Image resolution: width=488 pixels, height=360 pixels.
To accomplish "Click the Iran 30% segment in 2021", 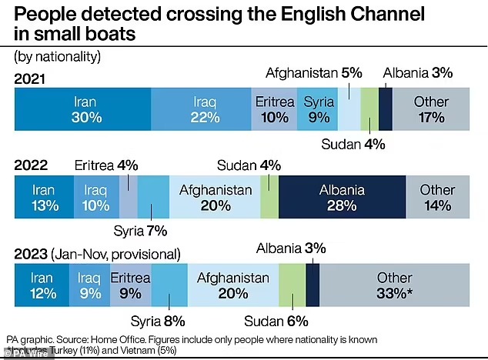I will tap(83, 109).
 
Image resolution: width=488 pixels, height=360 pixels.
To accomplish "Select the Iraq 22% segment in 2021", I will tap(201, 109).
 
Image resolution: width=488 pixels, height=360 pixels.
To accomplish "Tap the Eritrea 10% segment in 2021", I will tap(274, 109).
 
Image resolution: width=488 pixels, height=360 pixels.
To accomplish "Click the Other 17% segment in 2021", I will tap(432, 109).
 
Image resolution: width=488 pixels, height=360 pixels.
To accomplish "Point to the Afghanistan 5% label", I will tap(313, 74).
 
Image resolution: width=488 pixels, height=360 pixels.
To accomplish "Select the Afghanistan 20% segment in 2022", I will tap(215, 197).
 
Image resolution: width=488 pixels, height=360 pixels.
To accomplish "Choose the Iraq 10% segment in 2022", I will tap(96, 197).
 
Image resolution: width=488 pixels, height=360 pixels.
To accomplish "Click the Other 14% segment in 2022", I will tap(438, 197).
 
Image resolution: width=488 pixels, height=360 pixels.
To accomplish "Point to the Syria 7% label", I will tap(140, 231).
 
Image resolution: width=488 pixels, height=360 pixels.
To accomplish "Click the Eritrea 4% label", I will tap(105, 164).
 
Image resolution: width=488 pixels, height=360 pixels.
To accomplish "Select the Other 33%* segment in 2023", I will tap(394, 285).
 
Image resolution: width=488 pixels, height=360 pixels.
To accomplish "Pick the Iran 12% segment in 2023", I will tap(42, 285).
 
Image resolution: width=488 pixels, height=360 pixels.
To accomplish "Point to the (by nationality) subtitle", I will tap(57, 57).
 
